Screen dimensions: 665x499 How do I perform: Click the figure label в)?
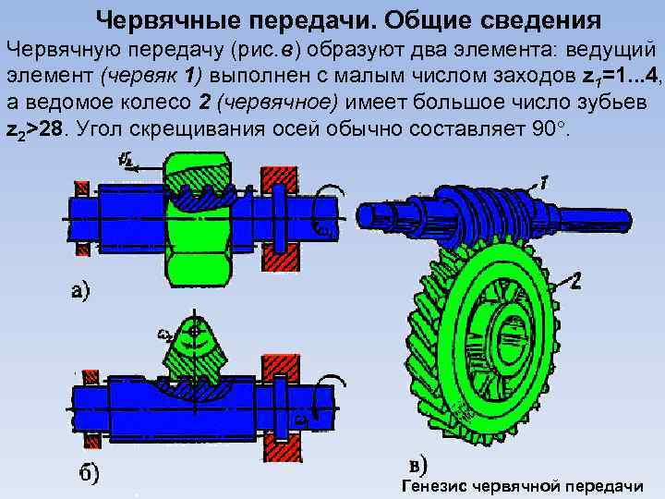[420, 463]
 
